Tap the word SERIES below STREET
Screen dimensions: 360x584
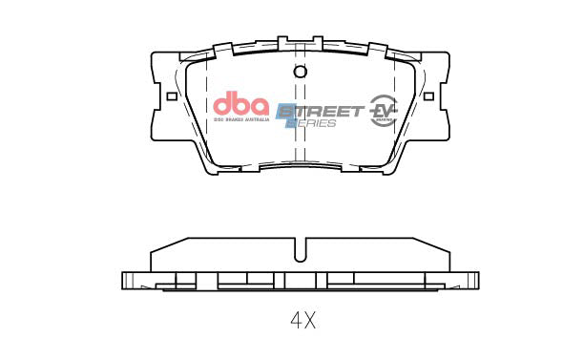314,124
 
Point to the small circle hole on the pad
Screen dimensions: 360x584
300,73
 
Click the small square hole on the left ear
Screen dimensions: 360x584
172,95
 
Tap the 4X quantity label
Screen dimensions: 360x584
302,320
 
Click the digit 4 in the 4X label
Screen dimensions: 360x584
294,320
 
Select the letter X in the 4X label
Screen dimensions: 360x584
309,320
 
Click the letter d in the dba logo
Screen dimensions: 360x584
220,102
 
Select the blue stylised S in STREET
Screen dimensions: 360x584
284,111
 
